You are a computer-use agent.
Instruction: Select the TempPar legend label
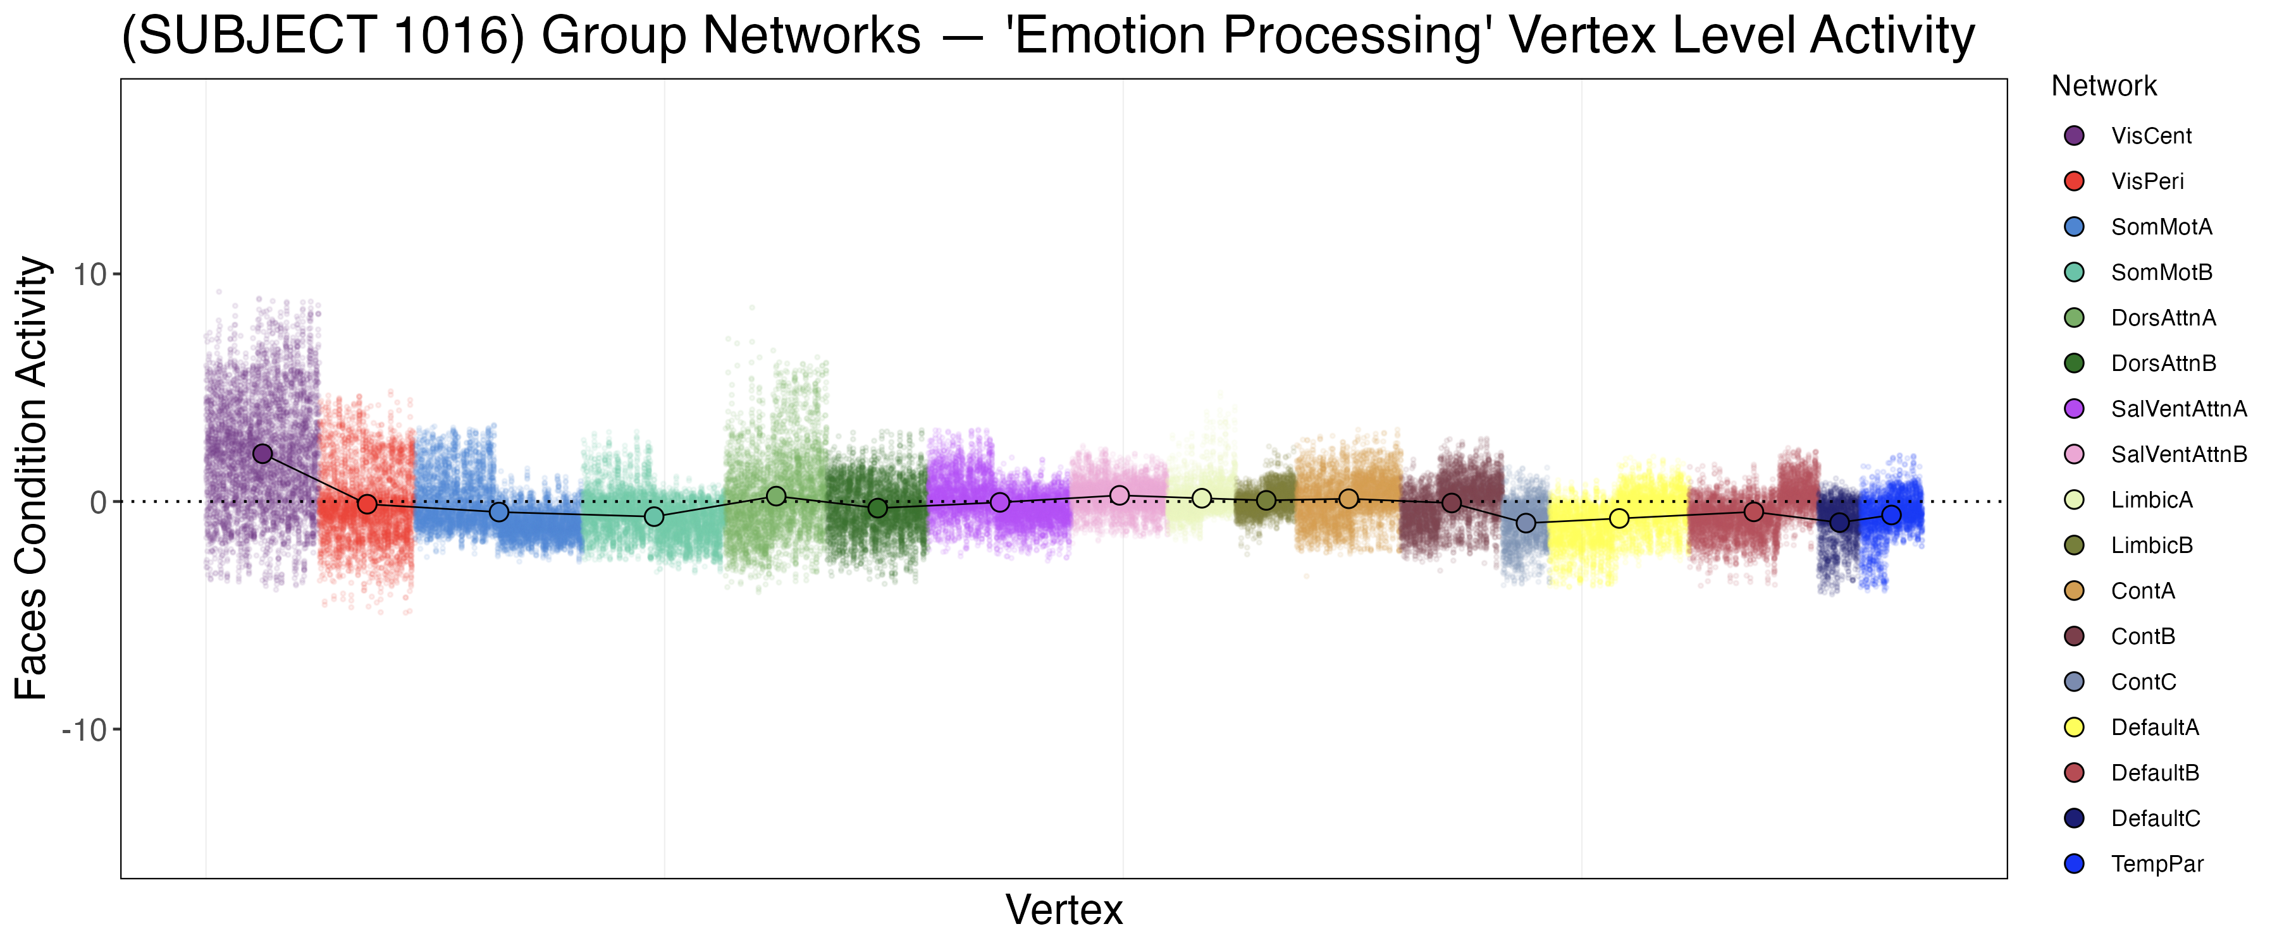tap(2157, 864)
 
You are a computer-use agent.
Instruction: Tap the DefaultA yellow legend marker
tap(2074, 727)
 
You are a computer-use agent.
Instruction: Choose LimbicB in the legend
tap(2152, 545)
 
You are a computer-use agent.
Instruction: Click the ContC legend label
tap(2144, 682)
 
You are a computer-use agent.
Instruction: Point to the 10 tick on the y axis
tap(89, 274)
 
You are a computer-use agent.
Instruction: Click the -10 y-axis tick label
tap(84, 730)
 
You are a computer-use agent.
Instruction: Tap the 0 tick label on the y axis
tap(98, 502)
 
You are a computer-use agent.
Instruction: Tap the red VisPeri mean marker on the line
tap(367, 504)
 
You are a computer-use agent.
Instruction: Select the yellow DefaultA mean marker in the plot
tap(1619, 519)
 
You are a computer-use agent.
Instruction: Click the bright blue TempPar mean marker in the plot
tap(1891, 515)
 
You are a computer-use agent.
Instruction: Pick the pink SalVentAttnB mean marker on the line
tap(1119, 495)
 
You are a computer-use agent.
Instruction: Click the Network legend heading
tap(2104, 86)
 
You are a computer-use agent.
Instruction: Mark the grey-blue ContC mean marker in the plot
tap(1526, 523)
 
